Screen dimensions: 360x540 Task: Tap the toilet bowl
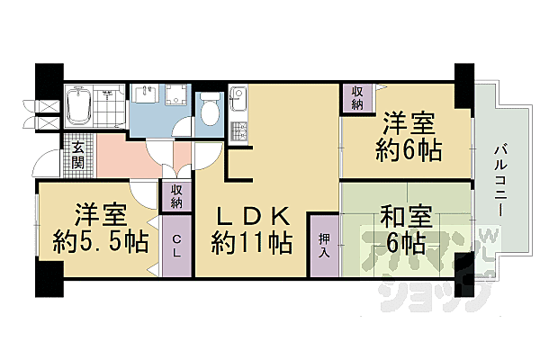pos(210,112)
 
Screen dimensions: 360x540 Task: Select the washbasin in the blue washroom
pos(146,95)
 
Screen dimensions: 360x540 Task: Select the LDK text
pos(253,217)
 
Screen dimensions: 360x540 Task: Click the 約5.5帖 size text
pos(100,241)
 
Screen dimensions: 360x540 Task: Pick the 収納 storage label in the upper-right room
pos(357,96)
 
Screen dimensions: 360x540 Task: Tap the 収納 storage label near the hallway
pos(176,196)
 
